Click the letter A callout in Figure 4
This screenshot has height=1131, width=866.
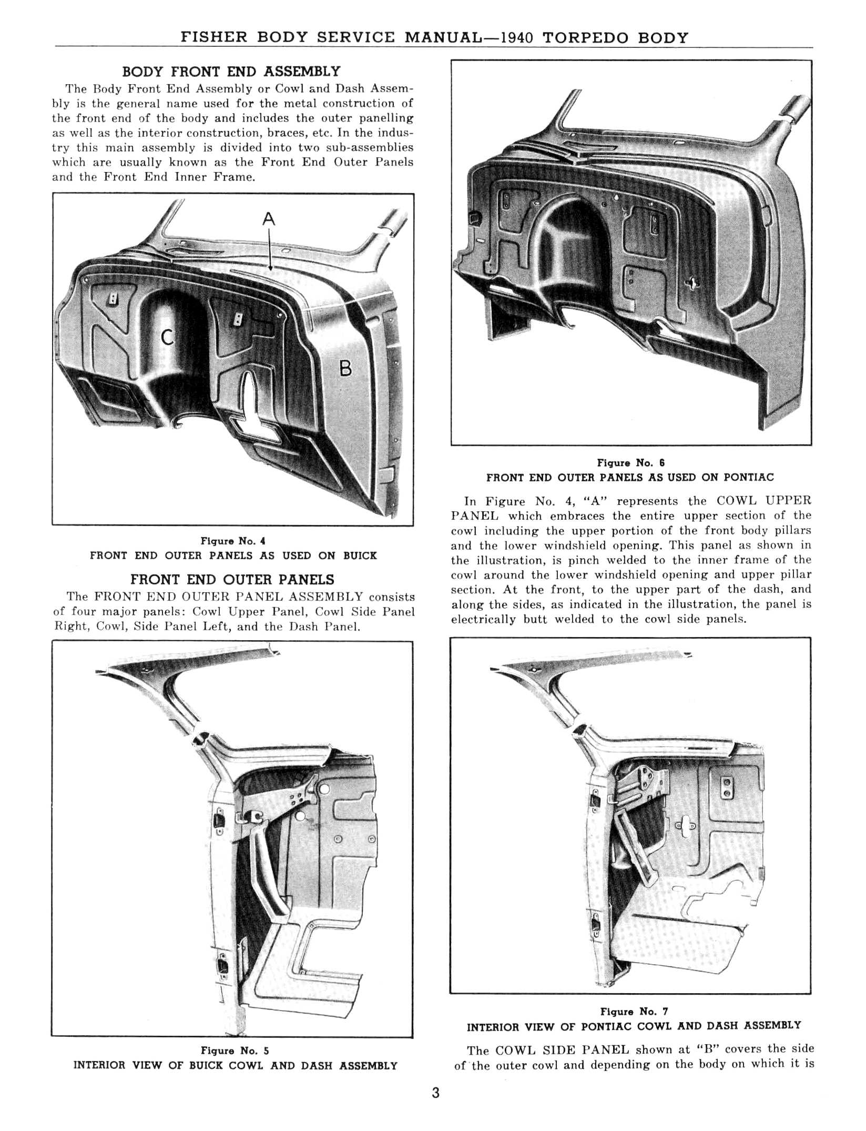pos(269,218)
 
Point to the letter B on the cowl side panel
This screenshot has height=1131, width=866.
pos(345,368)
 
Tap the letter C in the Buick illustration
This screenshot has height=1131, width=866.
pos(167,337)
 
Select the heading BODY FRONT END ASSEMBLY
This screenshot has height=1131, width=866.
pos(231,72)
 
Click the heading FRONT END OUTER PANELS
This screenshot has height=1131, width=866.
pos(232,580)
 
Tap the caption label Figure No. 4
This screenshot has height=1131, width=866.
pos(233,541)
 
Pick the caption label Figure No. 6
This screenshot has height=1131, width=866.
pos(631,463)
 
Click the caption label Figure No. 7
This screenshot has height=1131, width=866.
pos(634,1011)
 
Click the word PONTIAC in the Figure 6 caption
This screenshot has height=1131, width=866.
pos(749,478)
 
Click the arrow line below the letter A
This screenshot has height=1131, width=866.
pos(269,249)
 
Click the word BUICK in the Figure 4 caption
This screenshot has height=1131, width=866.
pos(360,556)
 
